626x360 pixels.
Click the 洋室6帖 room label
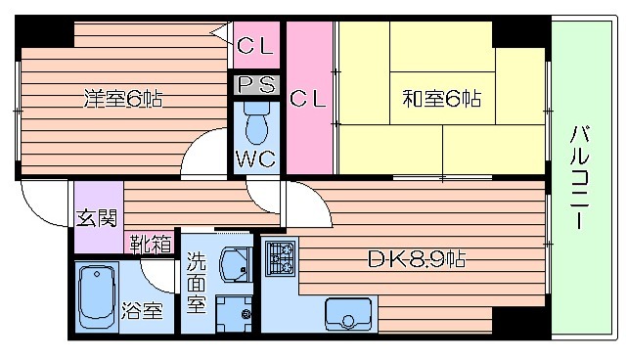[x=122, y=99]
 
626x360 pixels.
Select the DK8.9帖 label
[x=416, y=260]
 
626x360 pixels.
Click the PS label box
[x=257, y=85]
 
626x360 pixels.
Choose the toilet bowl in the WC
[x=256, y=124]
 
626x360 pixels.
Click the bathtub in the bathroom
[x=97, y=296]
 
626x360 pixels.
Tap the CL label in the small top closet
[x=256, y=44]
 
